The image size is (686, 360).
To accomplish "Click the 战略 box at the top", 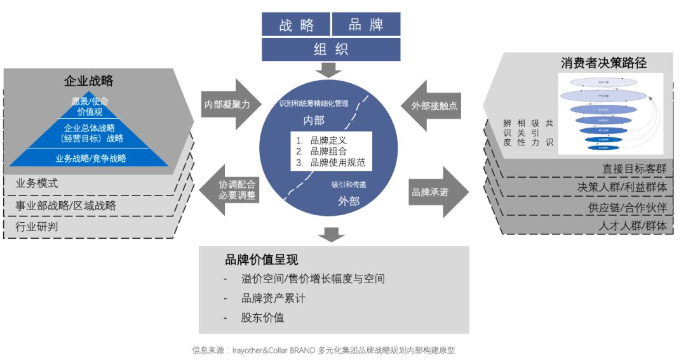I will (297, 25).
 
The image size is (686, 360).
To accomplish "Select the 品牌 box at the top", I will (366, 25).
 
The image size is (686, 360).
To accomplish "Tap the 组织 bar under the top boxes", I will (331, 50).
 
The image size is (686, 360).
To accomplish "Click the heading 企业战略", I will (88, 81).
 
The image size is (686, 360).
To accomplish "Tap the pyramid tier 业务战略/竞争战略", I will (90, 158).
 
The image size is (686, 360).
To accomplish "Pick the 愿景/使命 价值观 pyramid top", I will (90, 105).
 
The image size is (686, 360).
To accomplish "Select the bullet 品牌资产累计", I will (273, 298).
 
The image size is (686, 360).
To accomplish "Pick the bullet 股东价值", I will (262, 317).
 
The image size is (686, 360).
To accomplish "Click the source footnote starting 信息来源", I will (324, 350).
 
